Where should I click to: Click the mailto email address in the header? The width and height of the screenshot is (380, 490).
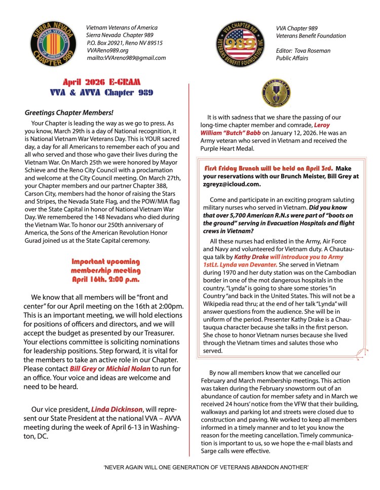[126, 58]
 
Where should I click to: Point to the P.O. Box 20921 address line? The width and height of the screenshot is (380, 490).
[125, 43]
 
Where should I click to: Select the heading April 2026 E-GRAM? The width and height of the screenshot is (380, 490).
[101, 82]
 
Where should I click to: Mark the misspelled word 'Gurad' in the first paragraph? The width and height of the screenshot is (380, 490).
[35, 240]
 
